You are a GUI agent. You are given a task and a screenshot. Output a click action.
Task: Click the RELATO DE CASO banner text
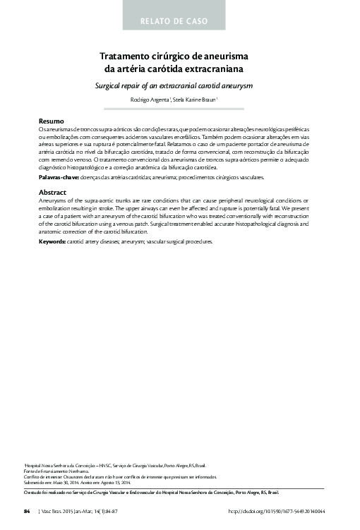pyautogui.click(x=174, y=21)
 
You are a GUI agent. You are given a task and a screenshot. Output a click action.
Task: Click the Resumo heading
pyautogui.click(x=52, y=121)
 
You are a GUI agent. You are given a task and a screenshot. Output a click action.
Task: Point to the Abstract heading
pyautogui.click(x=52, y=192)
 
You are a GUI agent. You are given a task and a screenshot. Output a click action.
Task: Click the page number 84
pyautogui.click(x=27, y=510)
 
